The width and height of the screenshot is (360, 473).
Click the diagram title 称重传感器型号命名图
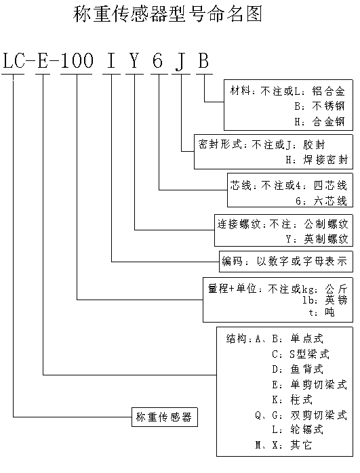pos(167,14)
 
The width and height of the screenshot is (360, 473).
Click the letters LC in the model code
pos(14,60)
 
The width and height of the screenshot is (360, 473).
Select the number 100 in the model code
pos(77,60)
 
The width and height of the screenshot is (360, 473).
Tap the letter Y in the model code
pos(134,60)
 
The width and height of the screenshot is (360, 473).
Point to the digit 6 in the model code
pos(158,60)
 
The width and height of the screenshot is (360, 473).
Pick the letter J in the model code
pos(180,62)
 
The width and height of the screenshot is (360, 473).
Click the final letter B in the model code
pos(203,60)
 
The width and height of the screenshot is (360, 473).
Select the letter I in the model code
pos(111,60)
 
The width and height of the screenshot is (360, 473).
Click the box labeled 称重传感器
pos(165,417)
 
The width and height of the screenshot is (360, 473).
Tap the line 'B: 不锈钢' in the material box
pos(319,106)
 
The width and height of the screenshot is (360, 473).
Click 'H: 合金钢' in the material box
pos(319,121)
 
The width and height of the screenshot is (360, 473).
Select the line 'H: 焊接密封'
pos(317,159)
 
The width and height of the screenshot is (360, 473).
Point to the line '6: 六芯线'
pos(321,201)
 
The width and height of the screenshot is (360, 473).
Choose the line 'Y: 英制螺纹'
pos(317,239)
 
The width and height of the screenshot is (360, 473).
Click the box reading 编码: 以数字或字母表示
pos(286,262)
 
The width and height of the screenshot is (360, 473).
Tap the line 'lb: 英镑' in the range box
pos(325,300)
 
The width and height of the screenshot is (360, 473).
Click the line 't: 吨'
pos(322,312)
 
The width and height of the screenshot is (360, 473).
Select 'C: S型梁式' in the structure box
pos(300,354)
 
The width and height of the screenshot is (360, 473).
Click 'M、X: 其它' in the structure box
pos(283,445)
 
